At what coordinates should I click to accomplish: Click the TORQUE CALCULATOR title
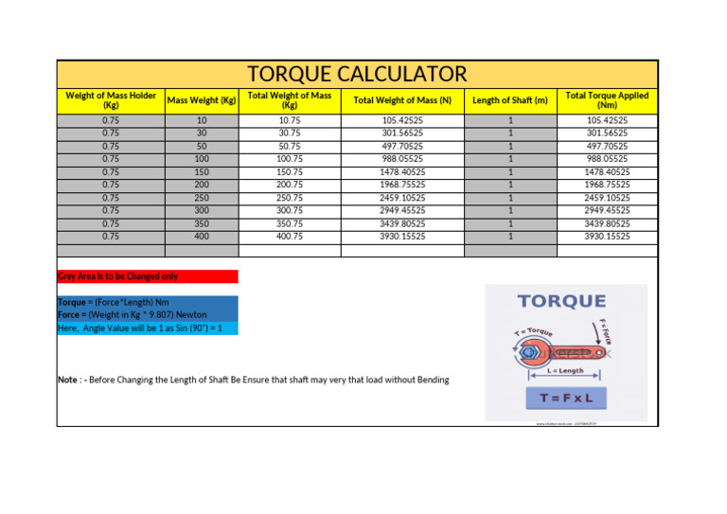[x=357, y=74]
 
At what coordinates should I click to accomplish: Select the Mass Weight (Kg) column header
[x=201, y=99]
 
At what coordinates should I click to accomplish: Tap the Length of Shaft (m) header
[x=510, y=100]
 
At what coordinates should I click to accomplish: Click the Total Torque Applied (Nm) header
[x=607, y=100]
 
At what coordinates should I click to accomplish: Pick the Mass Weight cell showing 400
[x=201, y=236]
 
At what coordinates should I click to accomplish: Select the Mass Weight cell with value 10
[x=201, y=121]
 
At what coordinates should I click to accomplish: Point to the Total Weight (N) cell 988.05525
[x=402, y=159]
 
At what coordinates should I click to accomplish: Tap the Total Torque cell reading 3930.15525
[x=607, y=236]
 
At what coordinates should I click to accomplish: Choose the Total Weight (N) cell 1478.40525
[x=402, y=172]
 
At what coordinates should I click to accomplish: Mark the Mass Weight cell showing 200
[x=201, y=185]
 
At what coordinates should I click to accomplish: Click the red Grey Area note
[x=117, y=276]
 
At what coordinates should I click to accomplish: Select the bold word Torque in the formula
[x=72, y=302]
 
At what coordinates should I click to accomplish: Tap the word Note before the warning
[x=69, y=380]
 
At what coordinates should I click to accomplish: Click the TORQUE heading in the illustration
[x=561, y=302]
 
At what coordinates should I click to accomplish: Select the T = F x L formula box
[x=566, y=399]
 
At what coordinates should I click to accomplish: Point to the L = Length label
[x=565, y=372]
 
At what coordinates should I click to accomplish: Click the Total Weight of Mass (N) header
[x=402, y=100]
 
